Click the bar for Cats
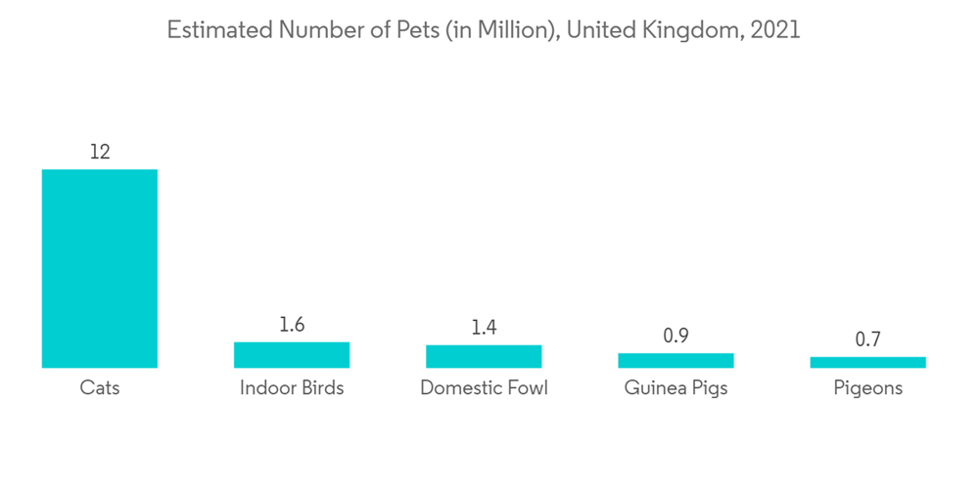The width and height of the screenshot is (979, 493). [x=99, y=268]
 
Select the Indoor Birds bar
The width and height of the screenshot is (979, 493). [x=292, y=354]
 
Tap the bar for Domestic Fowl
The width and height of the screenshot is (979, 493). [x=484, y=356]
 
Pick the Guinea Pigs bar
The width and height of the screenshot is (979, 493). [x=676, y=360]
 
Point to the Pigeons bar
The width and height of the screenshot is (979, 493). [x=867, y=362]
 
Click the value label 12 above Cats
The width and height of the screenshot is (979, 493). [x=99, y=152]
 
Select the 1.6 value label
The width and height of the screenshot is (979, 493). [x=292, y=325]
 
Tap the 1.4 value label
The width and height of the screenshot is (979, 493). [x=484, y=328]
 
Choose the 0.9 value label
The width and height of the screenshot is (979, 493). [x=676, y=336]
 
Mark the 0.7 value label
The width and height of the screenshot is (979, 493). [x=867, y=339]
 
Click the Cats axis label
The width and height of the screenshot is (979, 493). [x=99, y=388]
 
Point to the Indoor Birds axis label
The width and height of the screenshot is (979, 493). [x=292, y=388]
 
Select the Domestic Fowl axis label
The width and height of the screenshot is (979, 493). [x=484, y=388]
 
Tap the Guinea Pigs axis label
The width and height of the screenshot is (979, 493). [x=676, y=388]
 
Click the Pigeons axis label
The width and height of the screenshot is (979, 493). [x=867, y=388]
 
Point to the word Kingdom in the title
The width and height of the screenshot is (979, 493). [x=692, y=30]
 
